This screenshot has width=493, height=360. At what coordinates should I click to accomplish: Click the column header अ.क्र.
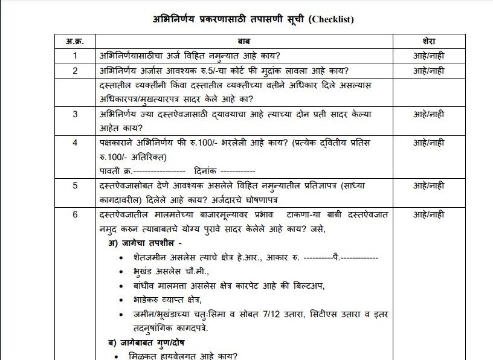[x=75, y=41]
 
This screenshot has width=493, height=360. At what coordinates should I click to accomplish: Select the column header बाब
[x=245, y=41]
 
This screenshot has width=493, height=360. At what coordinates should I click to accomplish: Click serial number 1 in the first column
[x=75, y=56]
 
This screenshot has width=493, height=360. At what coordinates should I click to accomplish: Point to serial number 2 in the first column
[x=75, y=71]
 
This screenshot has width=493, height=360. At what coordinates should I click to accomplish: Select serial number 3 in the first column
[x=75, y=114]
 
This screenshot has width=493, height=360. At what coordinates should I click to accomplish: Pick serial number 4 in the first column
[x=75, y=143]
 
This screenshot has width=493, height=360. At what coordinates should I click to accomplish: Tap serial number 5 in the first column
[x=75, y=185]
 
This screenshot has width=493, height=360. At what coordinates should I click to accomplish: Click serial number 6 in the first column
[x=75, y=214]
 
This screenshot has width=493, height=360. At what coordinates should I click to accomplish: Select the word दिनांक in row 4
[x=208, y=171]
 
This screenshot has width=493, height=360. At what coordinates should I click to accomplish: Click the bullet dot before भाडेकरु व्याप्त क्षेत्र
[x=123, y=300]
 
